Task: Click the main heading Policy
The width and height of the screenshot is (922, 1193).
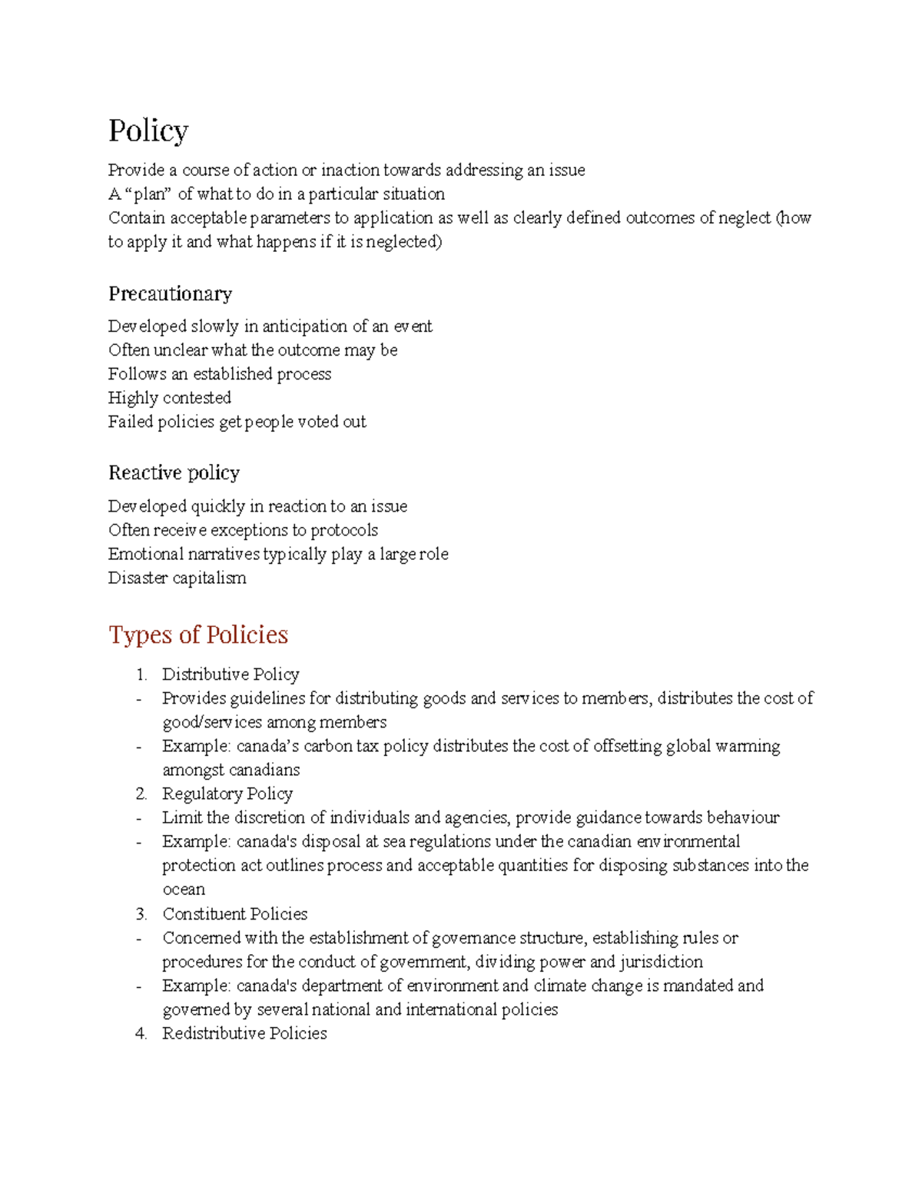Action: pos(148,131)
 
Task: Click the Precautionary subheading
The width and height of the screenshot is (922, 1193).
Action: pos(170,293)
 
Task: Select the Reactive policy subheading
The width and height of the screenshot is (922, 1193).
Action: pos(174,472)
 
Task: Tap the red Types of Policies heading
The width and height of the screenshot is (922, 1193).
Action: pos(198,635)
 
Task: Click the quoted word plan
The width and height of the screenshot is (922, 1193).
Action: pos(151,194)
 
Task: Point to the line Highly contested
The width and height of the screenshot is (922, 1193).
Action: pos(169,398)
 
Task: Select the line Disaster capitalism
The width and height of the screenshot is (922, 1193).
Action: pos(177,578)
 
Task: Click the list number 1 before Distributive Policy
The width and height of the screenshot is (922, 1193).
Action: pos(141,674)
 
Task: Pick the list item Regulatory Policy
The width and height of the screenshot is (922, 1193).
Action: pos(227,794)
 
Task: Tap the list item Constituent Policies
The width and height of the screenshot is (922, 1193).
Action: pos(234,914)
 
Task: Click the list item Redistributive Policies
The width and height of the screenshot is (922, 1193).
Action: pos(244,1033)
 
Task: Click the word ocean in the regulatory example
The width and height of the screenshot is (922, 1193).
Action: pos(184,890)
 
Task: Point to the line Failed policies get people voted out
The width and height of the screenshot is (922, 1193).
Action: pos(237,422)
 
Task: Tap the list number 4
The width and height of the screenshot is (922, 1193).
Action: pos(141,1033)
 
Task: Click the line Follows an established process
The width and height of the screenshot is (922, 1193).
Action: pos(220,374)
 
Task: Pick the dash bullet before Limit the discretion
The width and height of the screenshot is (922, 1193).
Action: pos(139,818)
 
